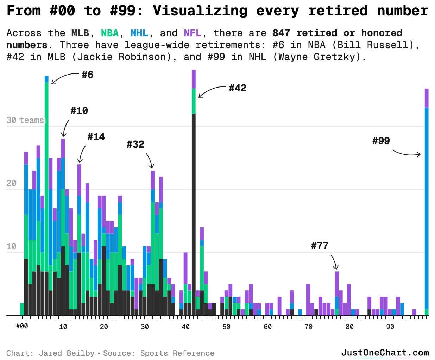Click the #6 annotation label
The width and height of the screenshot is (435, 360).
pyautogui.click(x=87, y=75)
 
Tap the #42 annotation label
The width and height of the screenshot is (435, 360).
pyautogui.click(x=238, y=88)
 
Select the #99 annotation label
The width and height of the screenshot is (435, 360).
pyautogui.click(x=381, y=141)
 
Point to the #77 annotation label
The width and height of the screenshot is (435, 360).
pyautogui.click(x=320, y=245)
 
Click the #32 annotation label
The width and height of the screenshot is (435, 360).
pyautogui.click(x=135, y=144)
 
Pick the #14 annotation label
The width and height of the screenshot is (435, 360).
pyautogui.click(x=96, y=136)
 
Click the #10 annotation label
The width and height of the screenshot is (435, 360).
pyautogui.click(x=79, y=111)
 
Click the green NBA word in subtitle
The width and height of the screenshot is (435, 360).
pyautogui.click(x=110, y=33)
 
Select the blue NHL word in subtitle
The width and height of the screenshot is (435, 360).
pyautogui.click(x=139, y=33)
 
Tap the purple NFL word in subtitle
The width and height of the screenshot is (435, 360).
pyautogui.click(x=193, y=33)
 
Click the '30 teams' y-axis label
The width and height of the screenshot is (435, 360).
pyautogui.click(x=25, y=120)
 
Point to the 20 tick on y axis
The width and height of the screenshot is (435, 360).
pyautogui.click(x=11, y=183)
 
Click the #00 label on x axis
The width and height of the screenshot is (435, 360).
pyautogui.click(x=22, y=326)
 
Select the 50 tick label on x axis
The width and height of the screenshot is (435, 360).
pyautogui.click(x=226, y=327)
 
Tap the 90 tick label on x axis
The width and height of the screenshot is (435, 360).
pyautogui.click(x=390, y=327)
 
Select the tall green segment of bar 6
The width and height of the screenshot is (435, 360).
pyautogui.click(x=46, y=176)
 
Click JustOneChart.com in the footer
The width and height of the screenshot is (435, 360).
pyautogui.click(x=385, y=353)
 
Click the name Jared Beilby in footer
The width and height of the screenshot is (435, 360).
pyautogui.click(x=67, y=353)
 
